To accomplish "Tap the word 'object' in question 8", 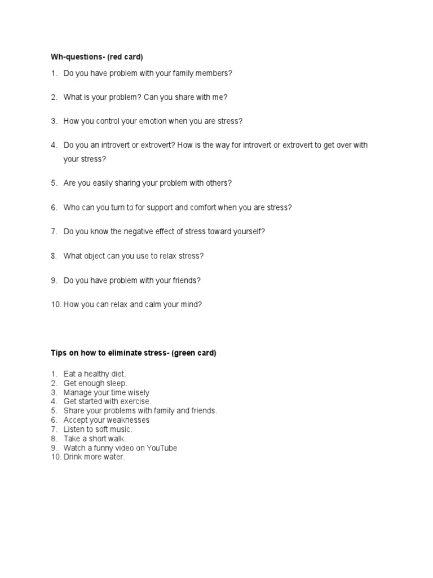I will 98,256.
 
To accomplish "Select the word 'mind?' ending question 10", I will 191,304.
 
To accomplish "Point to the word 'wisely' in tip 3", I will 138,392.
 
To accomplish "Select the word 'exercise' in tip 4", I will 136,401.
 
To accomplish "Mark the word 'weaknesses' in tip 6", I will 130,420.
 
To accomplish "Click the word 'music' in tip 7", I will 119,430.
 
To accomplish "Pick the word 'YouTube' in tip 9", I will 162,448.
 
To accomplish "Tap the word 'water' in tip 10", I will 113,457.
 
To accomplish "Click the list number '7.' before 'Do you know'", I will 54,231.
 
